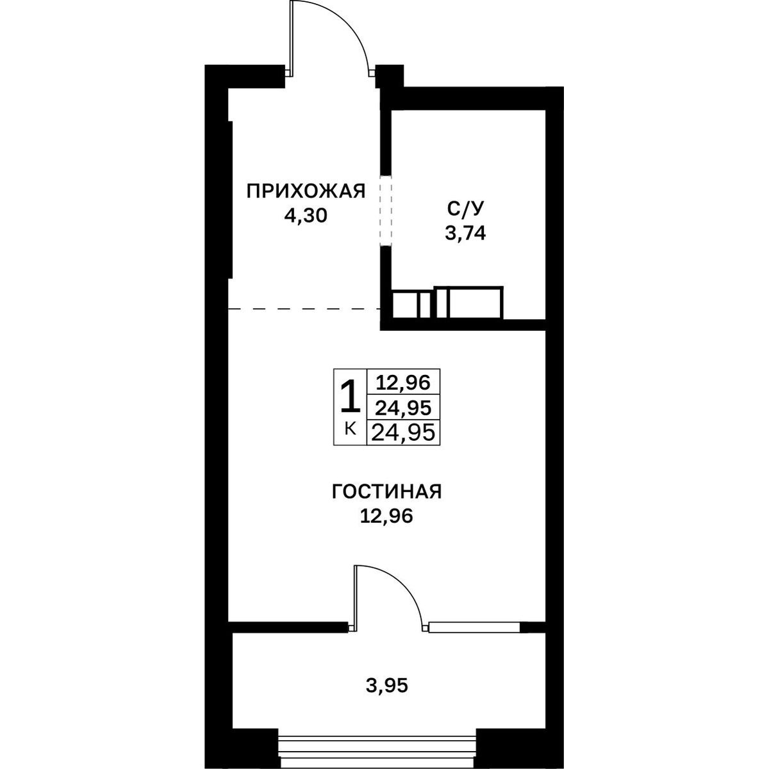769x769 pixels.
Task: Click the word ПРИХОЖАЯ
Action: click(306, 191)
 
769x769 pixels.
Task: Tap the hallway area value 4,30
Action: click(306, 216)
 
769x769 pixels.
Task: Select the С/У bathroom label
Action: click(465, 209)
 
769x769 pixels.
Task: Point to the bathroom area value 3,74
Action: click(465, 233)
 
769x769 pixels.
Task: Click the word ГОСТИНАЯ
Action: click(386, 492)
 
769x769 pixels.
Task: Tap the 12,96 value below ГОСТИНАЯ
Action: click(386, 517)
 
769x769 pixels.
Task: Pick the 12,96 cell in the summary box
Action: click(404, 383)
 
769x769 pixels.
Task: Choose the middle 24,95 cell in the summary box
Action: click(404, 408)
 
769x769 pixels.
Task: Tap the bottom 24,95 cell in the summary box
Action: click(404, 432)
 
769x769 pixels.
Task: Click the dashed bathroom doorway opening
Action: click(386, 210)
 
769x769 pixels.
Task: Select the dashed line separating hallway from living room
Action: click(304, 309)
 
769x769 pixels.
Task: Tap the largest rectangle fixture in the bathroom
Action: click(474, 303)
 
